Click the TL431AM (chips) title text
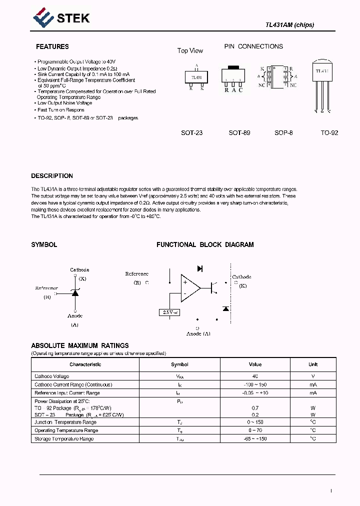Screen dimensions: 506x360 289,25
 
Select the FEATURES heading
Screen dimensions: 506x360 52,46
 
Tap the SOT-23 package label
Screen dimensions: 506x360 191,133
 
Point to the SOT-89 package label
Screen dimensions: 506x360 239,133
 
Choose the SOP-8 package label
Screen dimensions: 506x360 283,133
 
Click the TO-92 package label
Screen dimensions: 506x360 329,133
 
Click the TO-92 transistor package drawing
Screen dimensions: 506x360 322,85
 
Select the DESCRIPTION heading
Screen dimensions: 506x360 52,176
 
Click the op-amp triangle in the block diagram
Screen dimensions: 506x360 189,288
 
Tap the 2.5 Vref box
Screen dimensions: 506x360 170,312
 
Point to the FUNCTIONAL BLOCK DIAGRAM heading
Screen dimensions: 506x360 205,244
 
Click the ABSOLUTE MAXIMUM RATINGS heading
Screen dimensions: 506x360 80,345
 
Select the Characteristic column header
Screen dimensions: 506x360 85,364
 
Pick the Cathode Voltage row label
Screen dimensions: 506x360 52,376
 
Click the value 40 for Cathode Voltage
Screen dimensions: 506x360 255,376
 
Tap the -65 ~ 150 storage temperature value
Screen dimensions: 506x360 255,438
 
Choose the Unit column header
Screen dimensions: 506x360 313,364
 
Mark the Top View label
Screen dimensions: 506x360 190,50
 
